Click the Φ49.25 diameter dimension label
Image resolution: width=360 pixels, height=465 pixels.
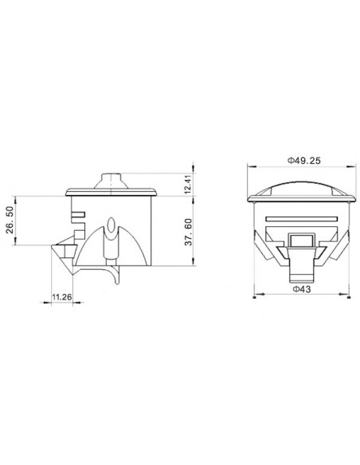coord(304,161)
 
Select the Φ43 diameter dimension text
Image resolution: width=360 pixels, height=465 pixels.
coord(302,289)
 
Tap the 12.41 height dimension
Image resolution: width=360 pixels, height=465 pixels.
coord(188,185)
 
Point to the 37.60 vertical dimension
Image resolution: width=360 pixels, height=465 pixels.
coord(189,232)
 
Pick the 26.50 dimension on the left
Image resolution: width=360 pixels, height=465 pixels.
coord(10,220)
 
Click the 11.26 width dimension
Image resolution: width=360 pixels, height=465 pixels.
coord(62,297)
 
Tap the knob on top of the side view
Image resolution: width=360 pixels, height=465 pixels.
coord(112,181)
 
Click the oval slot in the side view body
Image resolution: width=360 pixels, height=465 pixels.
coord(112,225)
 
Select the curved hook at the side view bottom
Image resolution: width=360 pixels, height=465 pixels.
coord(115,275)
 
